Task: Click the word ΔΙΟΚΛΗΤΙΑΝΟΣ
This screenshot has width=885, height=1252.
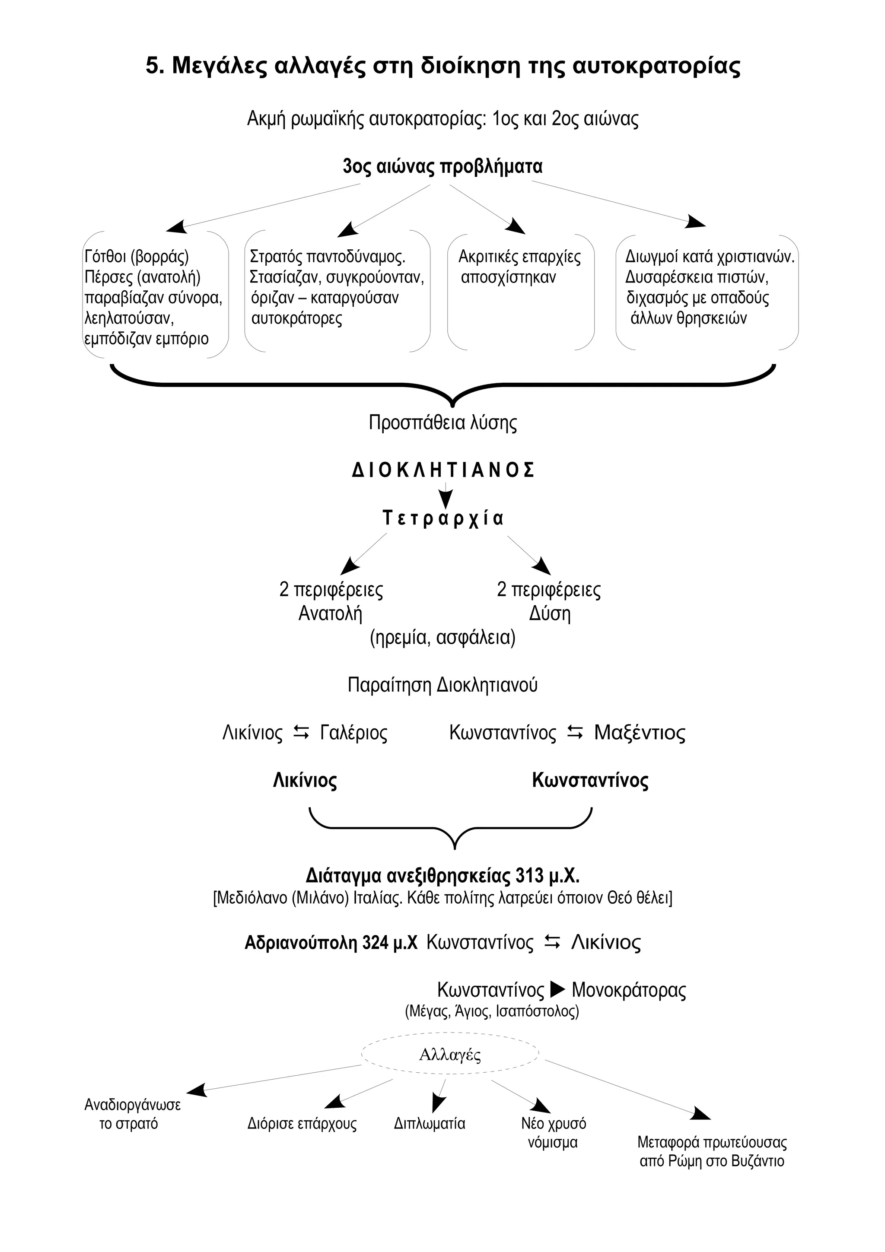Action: click(x=443, y=470)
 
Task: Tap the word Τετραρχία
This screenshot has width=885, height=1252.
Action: click(x=443, y=518)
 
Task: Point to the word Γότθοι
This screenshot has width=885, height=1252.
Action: click(x=106, y=256)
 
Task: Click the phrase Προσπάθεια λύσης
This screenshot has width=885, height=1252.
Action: click(x=443, y=423)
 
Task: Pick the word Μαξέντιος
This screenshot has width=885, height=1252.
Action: click(x=639, y=732)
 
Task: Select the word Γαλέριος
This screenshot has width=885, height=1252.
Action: click(x=353, y=732)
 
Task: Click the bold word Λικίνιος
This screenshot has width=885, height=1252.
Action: click(x=305, y=780)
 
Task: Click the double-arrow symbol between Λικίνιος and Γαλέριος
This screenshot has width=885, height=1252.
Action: click(x=301, y=732)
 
